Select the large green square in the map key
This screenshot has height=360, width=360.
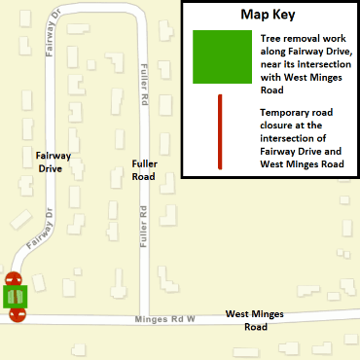coord(221,56)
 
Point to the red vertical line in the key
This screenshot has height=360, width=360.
coord(221,131)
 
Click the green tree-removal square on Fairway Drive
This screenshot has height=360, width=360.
coord(16,296)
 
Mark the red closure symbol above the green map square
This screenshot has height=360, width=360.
coord(14,280)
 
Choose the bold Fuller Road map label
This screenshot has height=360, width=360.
coord(144,170)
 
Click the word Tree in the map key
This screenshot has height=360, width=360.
coord(271,37)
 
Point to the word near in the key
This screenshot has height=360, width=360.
coord(272,64)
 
